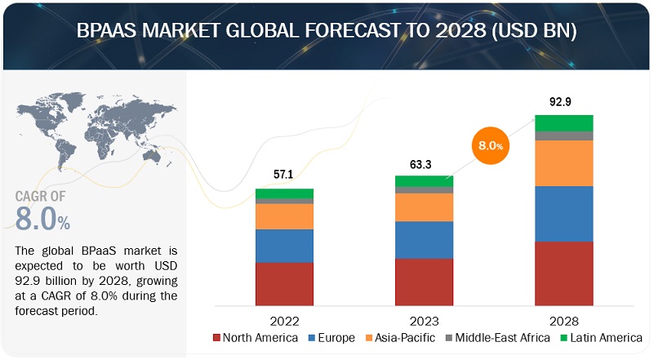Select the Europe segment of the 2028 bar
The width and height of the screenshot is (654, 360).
[563, 214]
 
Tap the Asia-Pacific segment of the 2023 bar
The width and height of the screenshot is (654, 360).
[424, 207]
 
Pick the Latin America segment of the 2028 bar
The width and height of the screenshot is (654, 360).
[563, 122]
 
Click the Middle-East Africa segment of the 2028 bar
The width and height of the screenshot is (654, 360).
[563, 136]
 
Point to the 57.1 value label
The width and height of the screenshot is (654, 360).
[284, 176]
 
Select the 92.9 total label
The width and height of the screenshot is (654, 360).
[563, 101]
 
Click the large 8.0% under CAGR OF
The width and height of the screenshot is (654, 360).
[42, 219]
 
